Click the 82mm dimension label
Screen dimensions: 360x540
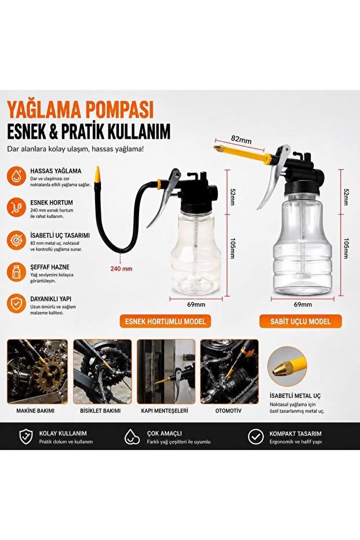coord(241,139)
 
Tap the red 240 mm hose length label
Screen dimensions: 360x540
coord(121,269)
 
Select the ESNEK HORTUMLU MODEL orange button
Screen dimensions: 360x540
coord(165,321)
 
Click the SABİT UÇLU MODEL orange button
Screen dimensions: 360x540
coord(300,321)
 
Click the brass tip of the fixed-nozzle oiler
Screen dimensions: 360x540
coord(217,148)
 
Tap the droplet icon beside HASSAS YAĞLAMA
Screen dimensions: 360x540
coord(16,175)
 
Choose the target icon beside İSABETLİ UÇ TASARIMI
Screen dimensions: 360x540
coord(16,240)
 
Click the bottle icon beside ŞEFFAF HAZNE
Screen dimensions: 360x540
coord(16,272)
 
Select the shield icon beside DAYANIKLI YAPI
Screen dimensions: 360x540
coord(16,303)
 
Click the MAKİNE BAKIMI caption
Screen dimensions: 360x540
coord(35,411)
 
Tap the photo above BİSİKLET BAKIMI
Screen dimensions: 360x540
coord(103,371)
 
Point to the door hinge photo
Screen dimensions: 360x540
coord(166,371)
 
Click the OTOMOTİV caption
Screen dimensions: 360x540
coord(228,411)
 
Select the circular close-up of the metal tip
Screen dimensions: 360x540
coord(287,367)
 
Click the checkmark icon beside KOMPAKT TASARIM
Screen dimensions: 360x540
coord(256,437)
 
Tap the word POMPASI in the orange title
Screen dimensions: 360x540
coord(118,110)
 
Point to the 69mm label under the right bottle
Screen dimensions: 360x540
coord(303,305)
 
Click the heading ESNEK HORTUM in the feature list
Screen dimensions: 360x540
coord(52,202)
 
